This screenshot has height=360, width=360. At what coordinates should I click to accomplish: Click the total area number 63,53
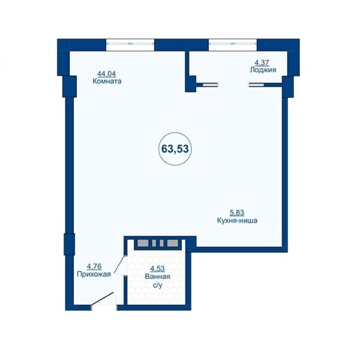pos(175,149)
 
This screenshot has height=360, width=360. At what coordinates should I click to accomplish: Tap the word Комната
pos(107,81)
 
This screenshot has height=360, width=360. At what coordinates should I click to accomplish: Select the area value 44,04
pos(107,74)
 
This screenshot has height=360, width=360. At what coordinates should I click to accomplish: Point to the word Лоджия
pos(263,70)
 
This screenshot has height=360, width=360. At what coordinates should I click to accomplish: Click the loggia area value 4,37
pos(262,62)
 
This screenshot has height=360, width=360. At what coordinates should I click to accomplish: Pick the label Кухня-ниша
pos(237,221)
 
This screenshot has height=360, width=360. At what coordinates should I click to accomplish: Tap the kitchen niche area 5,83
pos(237,213)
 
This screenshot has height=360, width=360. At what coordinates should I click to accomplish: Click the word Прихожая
pos(94,274)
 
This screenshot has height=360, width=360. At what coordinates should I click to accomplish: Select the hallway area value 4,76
pos(94,266)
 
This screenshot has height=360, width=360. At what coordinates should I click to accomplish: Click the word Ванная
pos(157,277)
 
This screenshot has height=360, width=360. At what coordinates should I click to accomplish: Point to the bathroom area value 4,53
pos(157,269)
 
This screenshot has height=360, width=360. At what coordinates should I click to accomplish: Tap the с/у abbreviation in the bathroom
pos(157,285)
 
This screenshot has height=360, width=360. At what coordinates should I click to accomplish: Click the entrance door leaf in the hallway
pos(103,299)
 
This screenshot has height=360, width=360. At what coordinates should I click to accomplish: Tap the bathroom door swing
pos(119,265)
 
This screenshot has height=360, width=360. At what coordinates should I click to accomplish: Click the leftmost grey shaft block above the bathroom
pos(143,243)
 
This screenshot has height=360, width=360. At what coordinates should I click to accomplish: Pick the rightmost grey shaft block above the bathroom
pos(172,243)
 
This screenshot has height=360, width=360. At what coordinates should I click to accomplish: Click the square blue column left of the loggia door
pos(191,84)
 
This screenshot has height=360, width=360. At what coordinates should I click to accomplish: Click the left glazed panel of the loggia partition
pos(211,85)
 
